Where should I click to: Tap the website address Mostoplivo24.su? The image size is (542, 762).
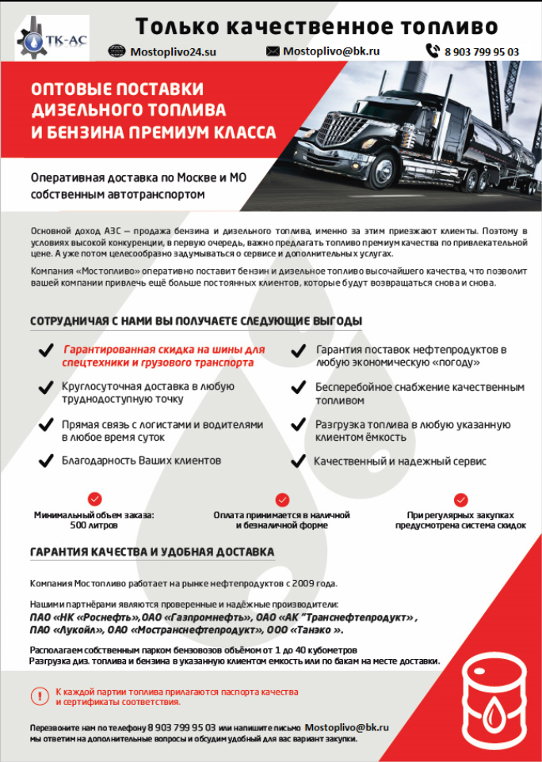point(173,52)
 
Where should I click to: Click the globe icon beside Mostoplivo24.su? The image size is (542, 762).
point(116,51)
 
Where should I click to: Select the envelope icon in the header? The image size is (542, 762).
point(273,51)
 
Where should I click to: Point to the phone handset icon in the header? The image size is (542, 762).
point(433,51)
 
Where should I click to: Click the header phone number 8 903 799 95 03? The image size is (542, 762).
point(483,52)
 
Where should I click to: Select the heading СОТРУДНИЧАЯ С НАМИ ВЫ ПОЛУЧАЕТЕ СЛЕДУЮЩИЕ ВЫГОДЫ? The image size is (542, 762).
point(196,321)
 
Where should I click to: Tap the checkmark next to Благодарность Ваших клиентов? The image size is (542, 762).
point(46,461)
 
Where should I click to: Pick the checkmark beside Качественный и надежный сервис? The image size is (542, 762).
point(298,461)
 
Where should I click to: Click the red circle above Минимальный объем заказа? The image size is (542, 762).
point(94,499)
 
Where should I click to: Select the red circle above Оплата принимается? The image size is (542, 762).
point(281,499)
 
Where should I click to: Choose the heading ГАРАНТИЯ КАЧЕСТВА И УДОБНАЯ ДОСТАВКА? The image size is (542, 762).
point(152,552)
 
